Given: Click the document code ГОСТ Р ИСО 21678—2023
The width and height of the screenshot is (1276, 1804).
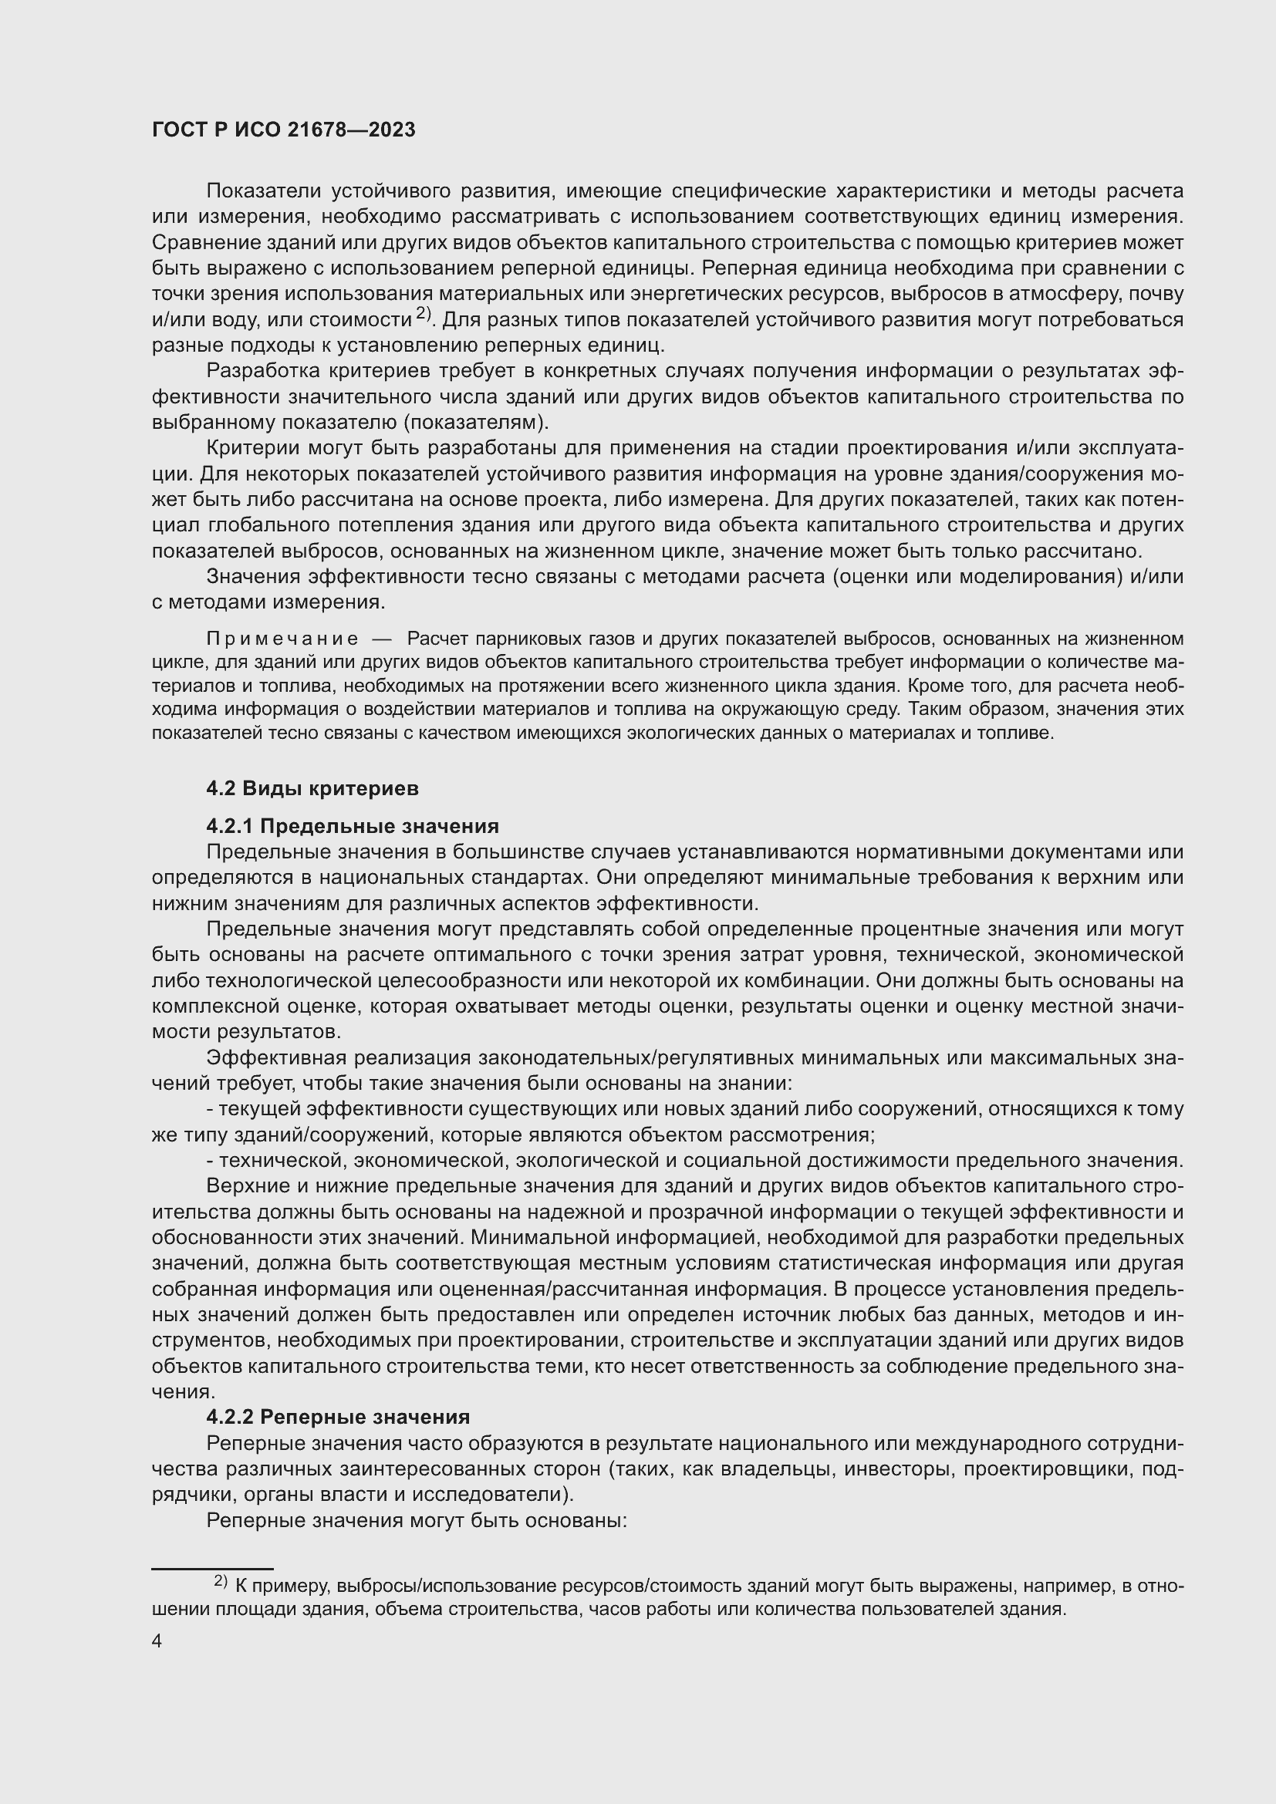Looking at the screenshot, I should (284, 130).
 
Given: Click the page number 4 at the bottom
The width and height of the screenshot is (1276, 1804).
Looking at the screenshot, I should (157, 1640).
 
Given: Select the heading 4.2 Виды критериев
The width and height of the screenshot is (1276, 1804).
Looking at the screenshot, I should (312, 788).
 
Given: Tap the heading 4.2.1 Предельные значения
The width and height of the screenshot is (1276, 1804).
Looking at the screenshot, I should (352, 826).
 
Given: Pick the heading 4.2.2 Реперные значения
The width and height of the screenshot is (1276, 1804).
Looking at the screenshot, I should (338, 1417).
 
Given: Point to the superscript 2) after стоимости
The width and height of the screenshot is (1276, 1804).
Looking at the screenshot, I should (424, 313).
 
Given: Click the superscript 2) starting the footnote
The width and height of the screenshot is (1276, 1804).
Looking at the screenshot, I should (220, 1580).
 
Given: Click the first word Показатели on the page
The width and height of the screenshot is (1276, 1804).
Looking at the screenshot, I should (262, 191).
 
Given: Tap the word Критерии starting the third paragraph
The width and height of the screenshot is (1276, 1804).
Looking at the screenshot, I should (251, 448).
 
